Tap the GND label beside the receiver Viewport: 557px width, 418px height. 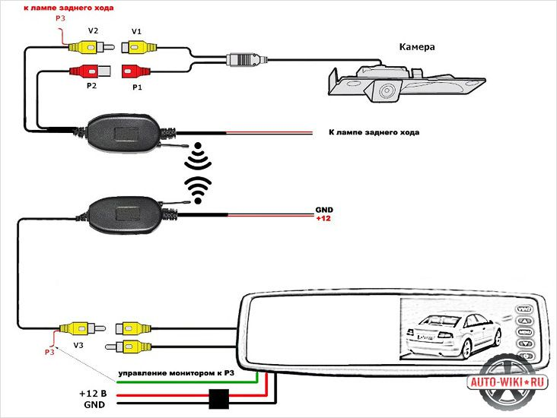[324, 210]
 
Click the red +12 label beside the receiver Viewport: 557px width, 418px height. [324, 219]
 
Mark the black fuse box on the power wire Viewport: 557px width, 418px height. [220, 398]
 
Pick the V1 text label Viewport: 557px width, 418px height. [136, 31]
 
